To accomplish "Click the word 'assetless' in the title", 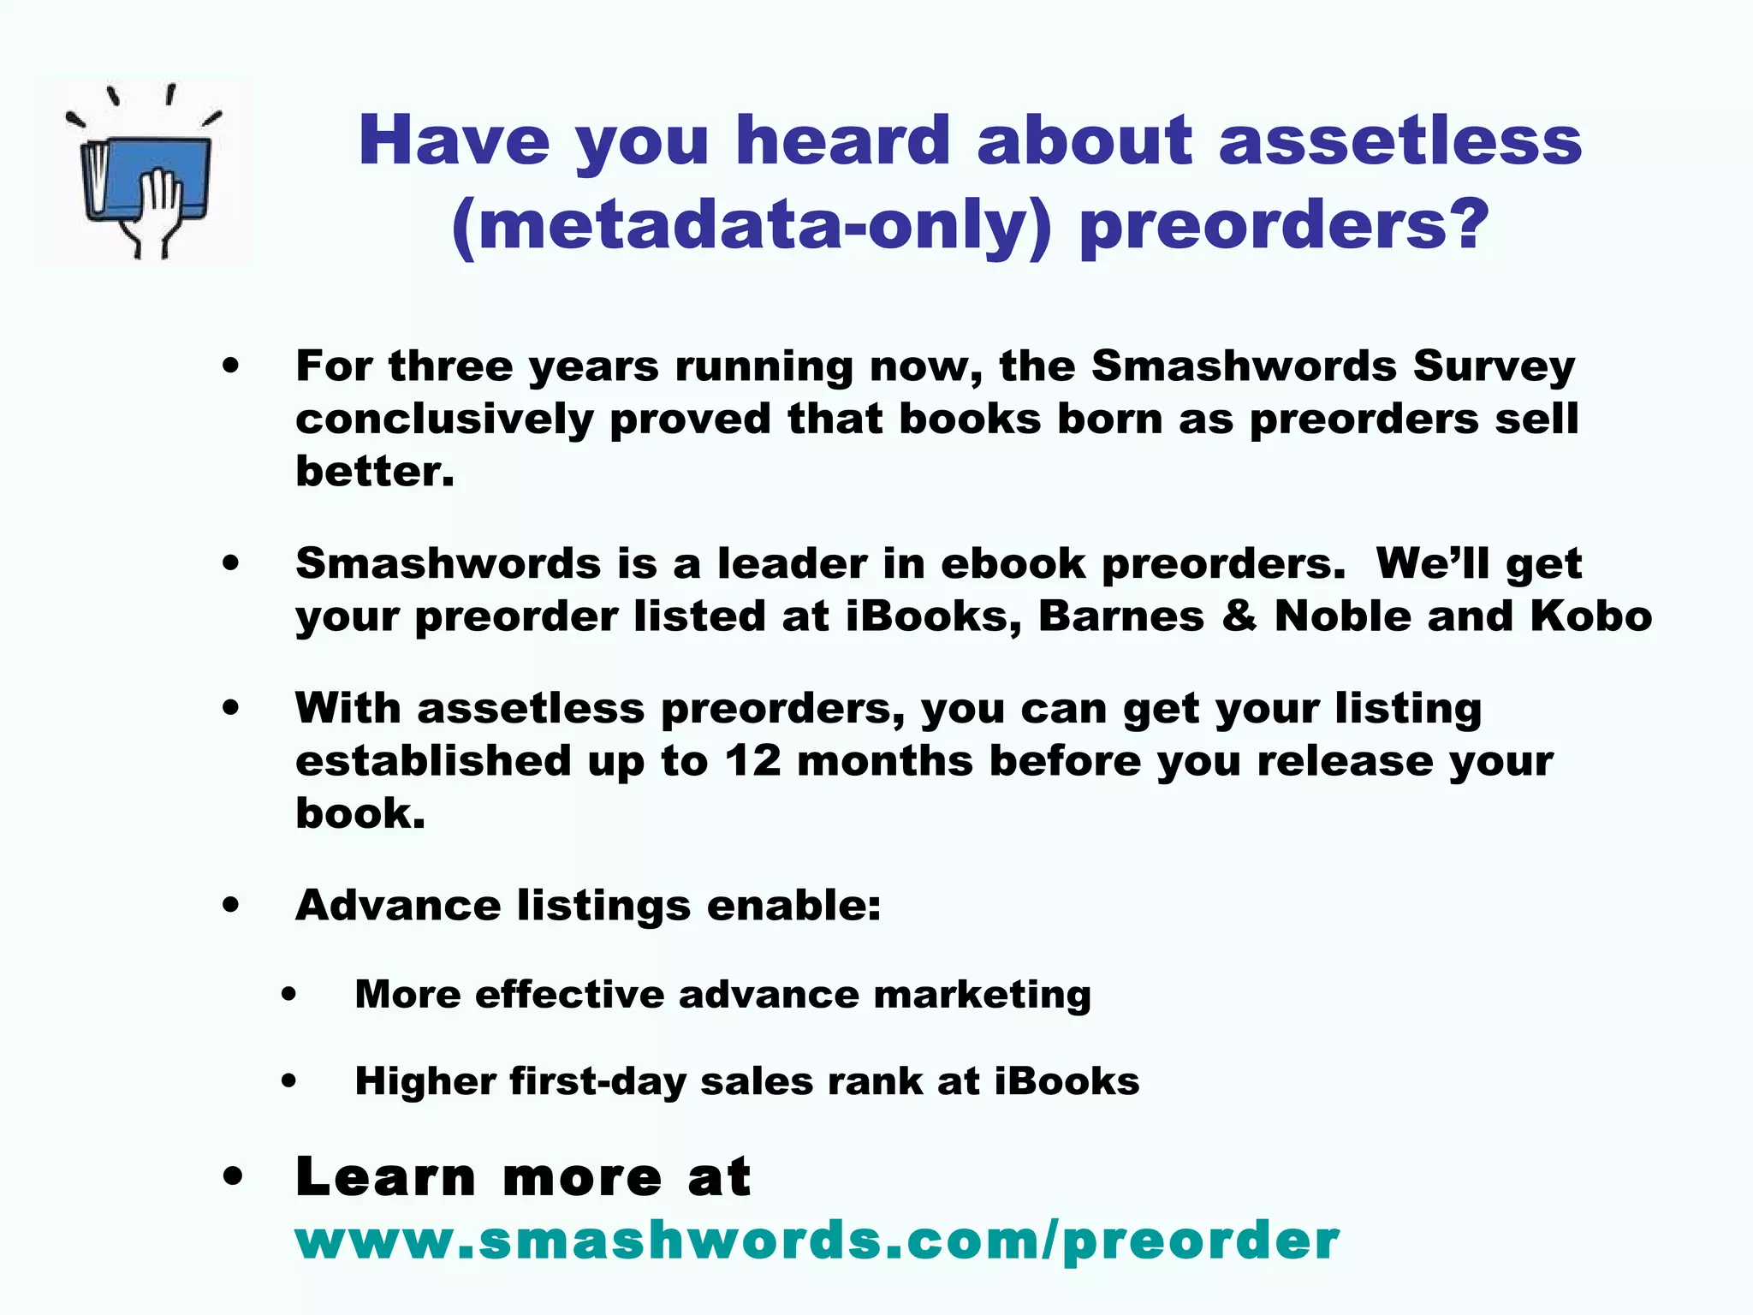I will click(1400, 140).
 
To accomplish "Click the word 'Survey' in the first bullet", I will click(1494, 366).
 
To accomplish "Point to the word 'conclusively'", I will click(444, 419).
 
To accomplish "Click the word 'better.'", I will click(374, 472).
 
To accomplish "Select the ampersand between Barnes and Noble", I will click(1239, 616).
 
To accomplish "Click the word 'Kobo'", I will click(1590, 616).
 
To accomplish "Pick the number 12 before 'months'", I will click(753, 761).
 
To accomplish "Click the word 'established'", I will click(433, 761).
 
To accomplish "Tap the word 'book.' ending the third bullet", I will click(360, 813).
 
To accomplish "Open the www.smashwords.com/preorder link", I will click(817, 1241).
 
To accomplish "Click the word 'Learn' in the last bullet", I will click(385, 1177).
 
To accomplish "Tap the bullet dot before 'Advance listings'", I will click(230, 905).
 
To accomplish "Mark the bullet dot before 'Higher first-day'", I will click(289, 1081).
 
